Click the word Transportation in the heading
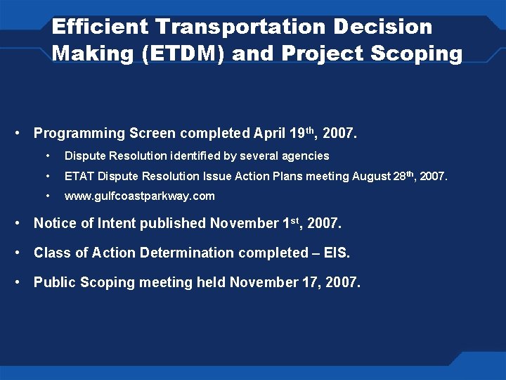239,27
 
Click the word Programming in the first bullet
79,133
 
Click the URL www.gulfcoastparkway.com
139,196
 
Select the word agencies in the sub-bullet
306,156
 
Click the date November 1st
255,224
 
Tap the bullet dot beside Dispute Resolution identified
47,156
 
